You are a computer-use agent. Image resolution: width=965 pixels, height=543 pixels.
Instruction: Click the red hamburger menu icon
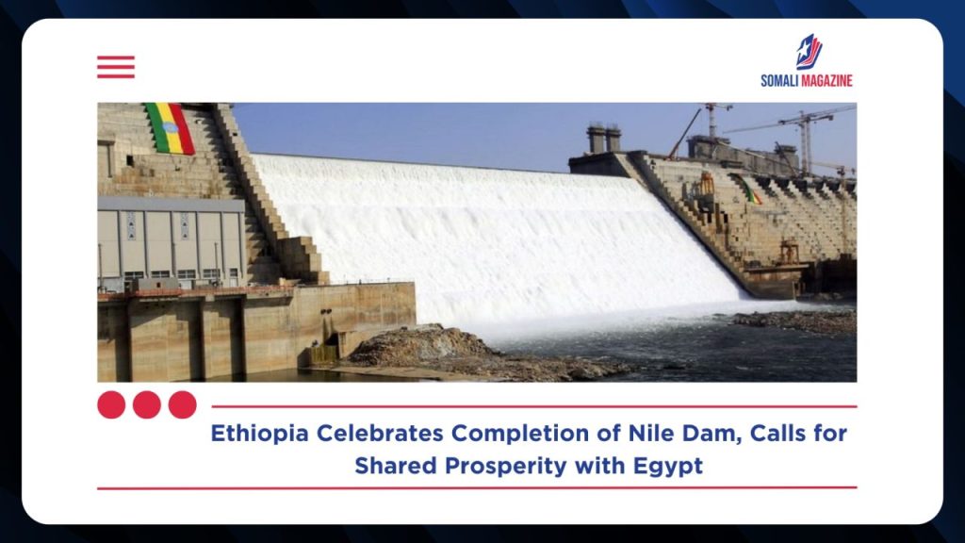pyautogui.click(x=116, y=67)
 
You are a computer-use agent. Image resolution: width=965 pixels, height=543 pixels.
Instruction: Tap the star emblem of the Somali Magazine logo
pyautogui.click(x=808, y=52)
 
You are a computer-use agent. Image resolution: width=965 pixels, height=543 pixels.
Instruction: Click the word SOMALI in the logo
pyautogui.click(x=779, y=81)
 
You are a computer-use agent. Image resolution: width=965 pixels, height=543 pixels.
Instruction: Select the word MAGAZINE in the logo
pyautogui.click(x=826, y=81)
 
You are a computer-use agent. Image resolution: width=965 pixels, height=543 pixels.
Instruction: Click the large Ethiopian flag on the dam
pyautogui.click(x=171, y=128)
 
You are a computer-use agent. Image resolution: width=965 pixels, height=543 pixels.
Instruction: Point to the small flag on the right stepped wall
pyautogui.click(x=746, y=189)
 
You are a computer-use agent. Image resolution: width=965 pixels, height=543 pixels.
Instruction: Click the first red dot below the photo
pyautogui.click(x=111, y=404)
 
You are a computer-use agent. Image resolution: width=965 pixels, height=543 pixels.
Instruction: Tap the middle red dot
pyautogui.click(x=147, y=404)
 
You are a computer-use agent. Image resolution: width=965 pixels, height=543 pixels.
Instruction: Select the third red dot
pyautogui.click(x=183, y=404)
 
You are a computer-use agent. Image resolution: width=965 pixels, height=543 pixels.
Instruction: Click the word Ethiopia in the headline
pyautogui.click(x=259, y=434)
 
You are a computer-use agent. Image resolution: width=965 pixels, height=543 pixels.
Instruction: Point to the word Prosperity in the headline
pyautogui.click(x=506, y=466)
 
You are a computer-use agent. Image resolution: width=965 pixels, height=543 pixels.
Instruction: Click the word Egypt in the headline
pyautogui.click(x=668, y=466)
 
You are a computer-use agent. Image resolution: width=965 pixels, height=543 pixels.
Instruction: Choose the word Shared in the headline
pyautogui.click(x=396, y=466)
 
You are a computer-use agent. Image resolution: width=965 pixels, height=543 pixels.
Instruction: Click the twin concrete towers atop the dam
pyautogui.click(x=604, y=139)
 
